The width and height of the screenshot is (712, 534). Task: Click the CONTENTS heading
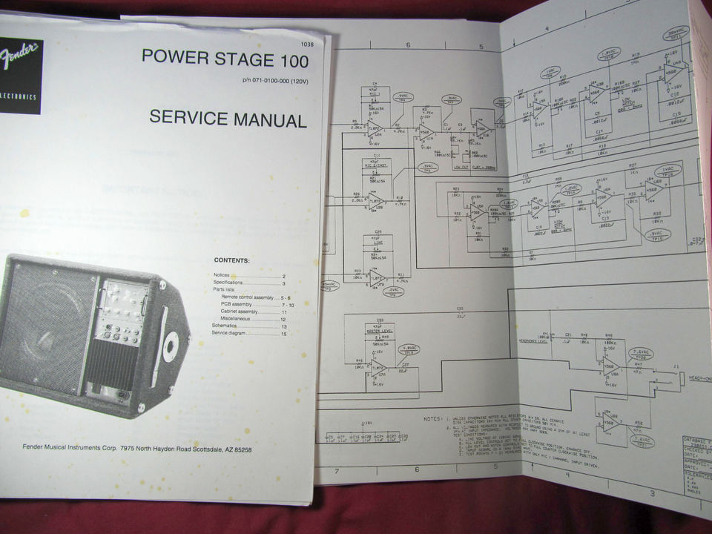tap(232, 260)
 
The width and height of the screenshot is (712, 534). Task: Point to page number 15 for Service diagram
tap(283, 334)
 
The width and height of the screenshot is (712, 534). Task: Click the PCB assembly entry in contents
tap(238, 305)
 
